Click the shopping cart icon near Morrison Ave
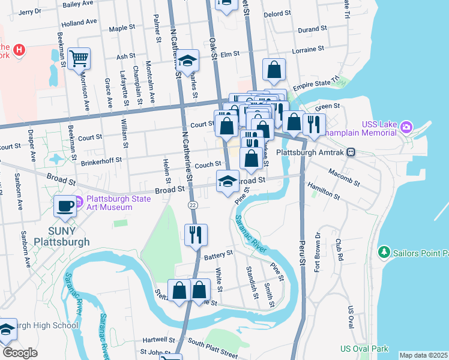[x=79, y=59]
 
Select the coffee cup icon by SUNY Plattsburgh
[x=65, y=206]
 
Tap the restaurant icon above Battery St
[x=196, y=235]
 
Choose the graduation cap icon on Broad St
[x=228, y=182]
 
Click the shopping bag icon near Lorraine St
[x=274, y=70]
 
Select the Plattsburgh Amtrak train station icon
[x=357, y=152]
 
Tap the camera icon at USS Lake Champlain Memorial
[x=406, y=127]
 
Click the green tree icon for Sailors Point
[x=384, y=253]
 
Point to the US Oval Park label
[x=364, y=349]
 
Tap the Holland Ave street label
[x=79, y=22]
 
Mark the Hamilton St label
[x=324, y=191]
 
